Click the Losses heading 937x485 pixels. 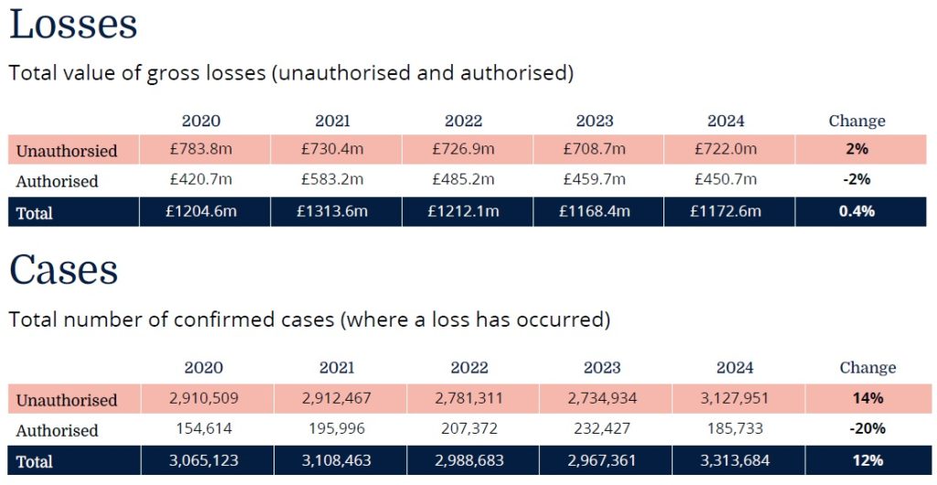click(x=73, y=25)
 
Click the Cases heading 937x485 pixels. click(x=63, y=270)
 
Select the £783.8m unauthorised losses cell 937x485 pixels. click(x=201, y=149)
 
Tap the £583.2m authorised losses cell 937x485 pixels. click(x=332, y=180)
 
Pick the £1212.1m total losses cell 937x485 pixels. click(x=463, y=212)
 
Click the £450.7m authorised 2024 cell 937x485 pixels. click(x=726, y=180)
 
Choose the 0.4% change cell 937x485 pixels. click(x=857, y=212)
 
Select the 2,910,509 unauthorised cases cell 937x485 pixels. click(x=203, y=398)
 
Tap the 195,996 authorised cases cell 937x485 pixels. click(x=337, y=429)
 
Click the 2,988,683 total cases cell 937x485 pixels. click(x=469, y=461)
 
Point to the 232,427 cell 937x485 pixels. click(x=602, y=429)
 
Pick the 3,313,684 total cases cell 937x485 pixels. click(x=735, y=461)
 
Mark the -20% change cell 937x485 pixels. click(x=867, y=429)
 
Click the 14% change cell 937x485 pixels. click(x=867, y=398)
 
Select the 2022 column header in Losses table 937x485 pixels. click(x=463, y=121)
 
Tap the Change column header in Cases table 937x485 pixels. click(x=867, y=368)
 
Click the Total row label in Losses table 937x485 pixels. click(x=35, y=213)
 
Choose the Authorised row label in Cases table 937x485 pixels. click(x=57, y=430)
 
